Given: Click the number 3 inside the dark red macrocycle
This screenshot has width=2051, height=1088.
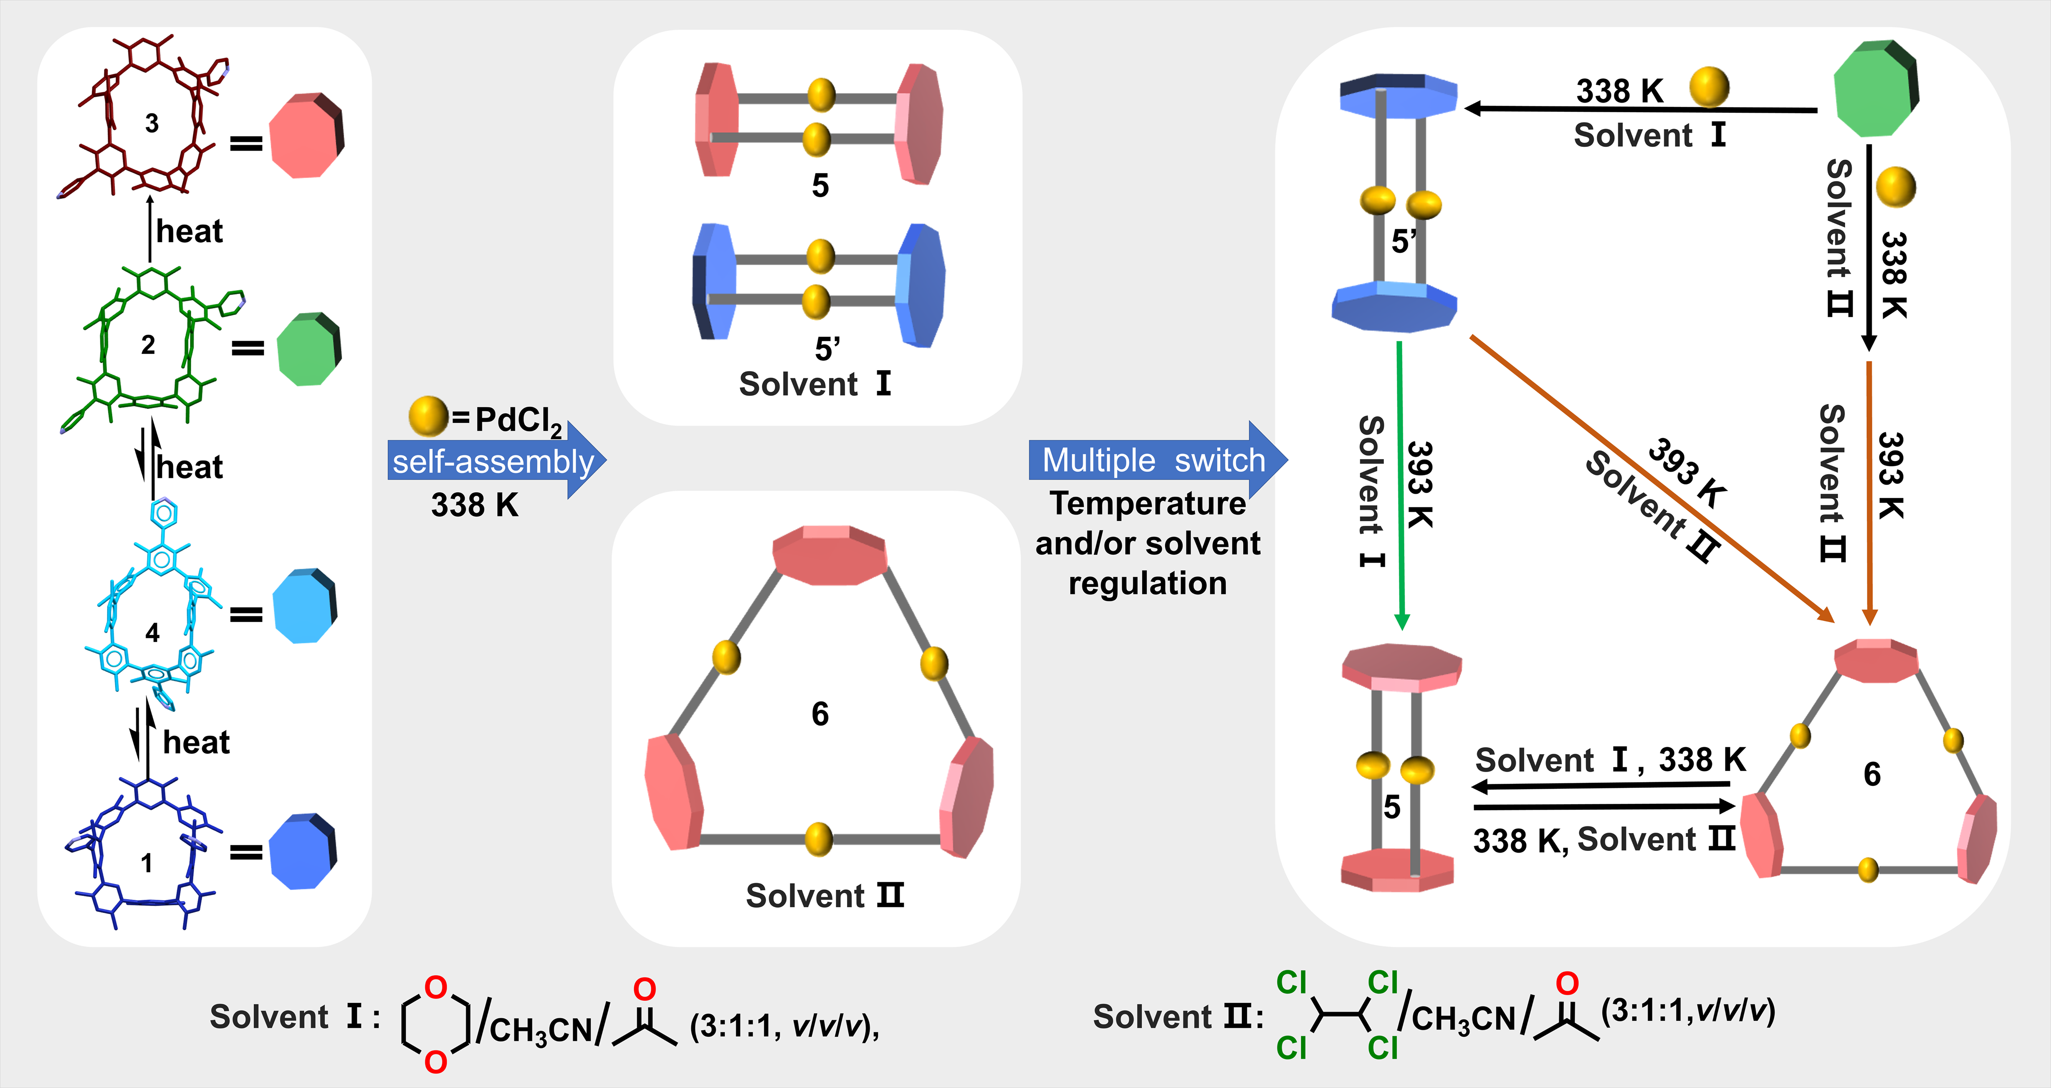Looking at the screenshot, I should [151, 124].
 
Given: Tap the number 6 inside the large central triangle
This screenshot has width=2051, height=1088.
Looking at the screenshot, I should [820, 714].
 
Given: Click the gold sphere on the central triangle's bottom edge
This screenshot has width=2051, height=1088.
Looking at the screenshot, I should [819, 839].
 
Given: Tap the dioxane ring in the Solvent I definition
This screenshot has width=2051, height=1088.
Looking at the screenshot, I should [435, 1024].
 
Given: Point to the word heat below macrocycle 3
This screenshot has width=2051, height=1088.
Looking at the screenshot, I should [190, 232].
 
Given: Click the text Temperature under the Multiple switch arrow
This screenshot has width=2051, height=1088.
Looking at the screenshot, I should [1147, 504].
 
